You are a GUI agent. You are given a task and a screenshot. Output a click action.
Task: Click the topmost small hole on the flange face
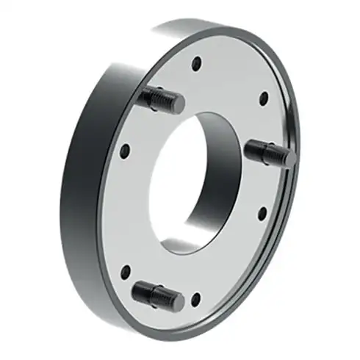click(x=195, y=64)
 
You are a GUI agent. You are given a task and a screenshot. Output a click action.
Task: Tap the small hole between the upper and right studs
click(x=263, y=96)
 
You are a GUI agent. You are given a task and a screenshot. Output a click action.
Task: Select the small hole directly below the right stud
click(x=262, y=214)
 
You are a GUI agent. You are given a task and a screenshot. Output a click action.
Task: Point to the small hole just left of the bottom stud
click(x=125, y=271)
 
